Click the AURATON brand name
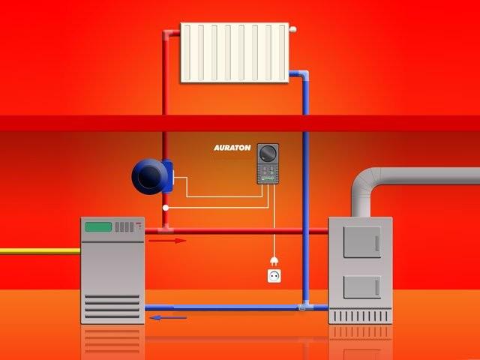[x=232, y=148]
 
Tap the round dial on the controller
[x=268, y=153]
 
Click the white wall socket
[x=274, y=276]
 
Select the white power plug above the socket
[x=274, y=261]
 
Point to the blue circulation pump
[x=152, y=176]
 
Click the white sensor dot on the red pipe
[x=166, y=208]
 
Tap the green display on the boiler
[x=98, y=226]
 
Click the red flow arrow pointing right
[x=167, y=241]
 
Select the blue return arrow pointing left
[x=168, y=318]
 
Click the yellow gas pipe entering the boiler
[x=40, y=251]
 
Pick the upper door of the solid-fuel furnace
[x=362, y=241]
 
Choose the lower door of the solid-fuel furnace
[x=362, y=286]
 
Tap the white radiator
[x=235, y=52]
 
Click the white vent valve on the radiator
[x=292, y=29]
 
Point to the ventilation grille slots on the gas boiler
[x=112, y=306]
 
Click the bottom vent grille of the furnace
[x=360, y=316]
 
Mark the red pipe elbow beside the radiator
[x=166, y=34]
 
